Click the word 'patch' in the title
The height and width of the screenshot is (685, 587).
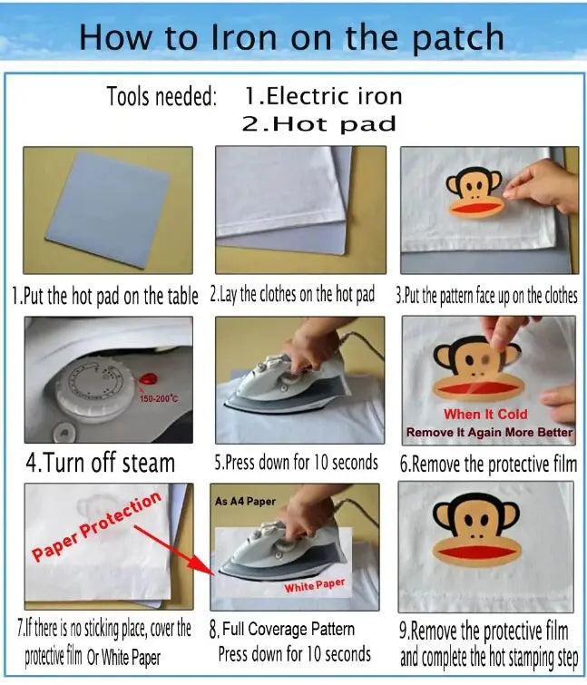pos(458,37)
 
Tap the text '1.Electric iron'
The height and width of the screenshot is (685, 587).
pos(323,96)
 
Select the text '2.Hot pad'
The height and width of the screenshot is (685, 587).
pos(318,124)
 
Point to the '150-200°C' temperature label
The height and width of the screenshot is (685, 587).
pos(159,398)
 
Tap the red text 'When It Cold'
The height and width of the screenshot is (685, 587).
pos(485,414)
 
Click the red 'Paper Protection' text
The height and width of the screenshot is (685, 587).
pos(96,526)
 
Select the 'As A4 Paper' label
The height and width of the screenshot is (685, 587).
pos(245,501)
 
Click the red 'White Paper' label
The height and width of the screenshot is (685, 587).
pos(315,586)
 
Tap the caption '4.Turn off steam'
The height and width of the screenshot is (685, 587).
pos(100,463)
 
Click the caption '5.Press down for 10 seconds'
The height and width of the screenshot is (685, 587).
pos(296,463)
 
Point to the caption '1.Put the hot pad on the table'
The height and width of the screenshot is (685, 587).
pos(105,296)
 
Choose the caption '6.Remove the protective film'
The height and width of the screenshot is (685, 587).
pos(488,464)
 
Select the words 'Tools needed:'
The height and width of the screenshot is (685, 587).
pos(161,96)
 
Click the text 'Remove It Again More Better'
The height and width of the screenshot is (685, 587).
pos(489,433)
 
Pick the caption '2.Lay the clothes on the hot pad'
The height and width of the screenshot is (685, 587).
pos(292,295)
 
